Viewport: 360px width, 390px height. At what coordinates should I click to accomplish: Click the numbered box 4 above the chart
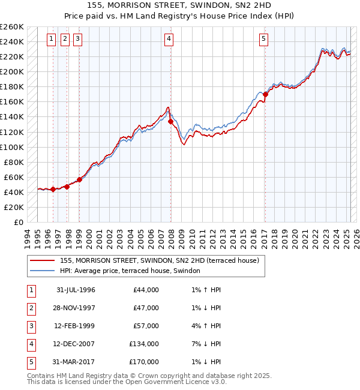coord(169,40)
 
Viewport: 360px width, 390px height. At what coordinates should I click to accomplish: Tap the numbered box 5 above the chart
coord(264,40)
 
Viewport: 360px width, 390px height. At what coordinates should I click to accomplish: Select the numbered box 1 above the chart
coord(51,40)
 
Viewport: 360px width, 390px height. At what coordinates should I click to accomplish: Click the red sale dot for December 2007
coord(171,121)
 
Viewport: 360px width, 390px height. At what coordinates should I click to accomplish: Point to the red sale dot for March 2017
coord(265,94)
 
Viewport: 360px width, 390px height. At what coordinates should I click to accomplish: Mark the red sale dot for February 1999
coord(79,179)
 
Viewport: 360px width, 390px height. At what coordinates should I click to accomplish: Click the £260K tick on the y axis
coord(12,27)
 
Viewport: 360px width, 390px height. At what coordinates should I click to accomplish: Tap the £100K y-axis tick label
coord(12,147)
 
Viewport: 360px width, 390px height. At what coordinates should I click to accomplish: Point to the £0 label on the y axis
coord(19,222)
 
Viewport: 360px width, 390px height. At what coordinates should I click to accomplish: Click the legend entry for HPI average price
coord(130,271)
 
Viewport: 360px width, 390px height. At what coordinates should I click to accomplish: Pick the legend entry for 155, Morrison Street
coord(159,260)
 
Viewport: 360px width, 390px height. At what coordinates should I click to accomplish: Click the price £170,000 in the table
coord(144,362)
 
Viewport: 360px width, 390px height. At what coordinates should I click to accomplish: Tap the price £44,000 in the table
coord(146,290)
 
